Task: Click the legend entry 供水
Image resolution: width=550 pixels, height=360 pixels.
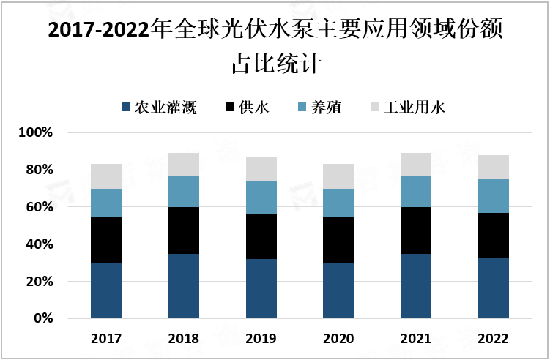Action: pos(247,108)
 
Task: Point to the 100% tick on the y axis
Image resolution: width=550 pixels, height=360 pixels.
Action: pos(37,133)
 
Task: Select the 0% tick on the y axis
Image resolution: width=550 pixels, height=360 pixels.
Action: pos(42,318)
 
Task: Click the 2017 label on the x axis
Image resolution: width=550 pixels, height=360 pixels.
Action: pos(106,339)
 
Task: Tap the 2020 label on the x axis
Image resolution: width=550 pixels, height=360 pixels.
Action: pos(338,339)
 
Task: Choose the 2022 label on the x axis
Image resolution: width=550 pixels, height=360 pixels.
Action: pos(493,339)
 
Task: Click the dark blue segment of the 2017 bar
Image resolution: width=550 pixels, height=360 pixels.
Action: pos(106,290)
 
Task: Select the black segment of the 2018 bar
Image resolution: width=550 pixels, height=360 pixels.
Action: pos(184,230)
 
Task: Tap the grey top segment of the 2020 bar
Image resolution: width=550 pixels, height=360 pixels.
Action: pos(338,176)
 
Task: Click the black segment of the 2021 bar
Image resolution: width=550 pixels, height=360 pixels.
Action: pos(416,230)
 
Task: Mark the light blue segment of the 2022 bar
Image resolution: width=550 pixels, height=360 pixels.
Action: pos(493,196)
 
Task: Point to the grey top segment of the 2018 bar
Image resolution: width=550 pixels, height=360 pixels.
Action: pos(184,165)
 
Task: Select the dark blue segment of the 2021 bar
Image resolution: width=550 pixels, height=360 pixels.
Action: pos(416,286)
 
